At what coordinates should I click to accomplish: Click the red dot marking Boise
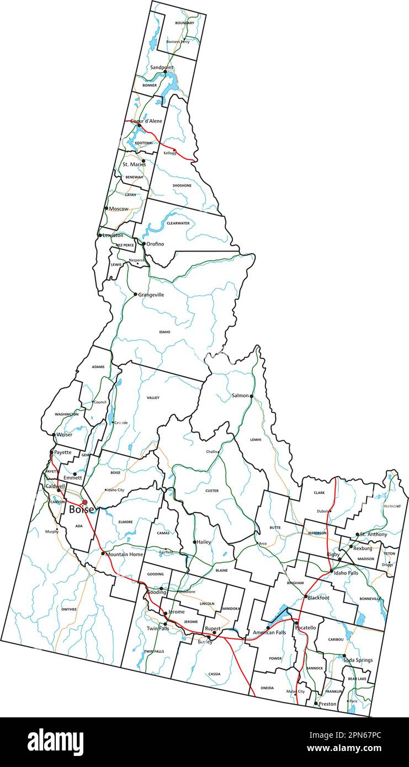(x=84, y=502)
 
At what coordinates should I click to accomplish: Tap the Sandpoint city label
(x=162, y=67)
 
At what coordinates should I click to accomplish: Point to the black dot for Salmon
(x=252, y=396)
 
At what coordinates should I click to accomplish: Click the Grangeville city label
(x=151, y=295)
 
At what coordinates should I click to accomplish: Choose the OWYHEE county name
(x=69, y=609)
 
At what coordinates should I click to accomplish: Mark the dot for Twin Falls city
(x=165, y=624)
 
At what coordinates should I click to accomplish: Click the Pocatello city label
(x=305, y=628)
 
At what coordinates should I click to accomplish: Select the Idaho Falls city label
(x=346, y=573)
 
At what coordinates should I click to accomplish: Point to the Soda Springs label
(x=358, y=660)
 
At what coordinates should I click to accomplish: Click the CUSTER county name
(x=212, y=491)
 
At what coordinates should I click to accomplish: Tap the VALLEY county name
(x=153, y=398)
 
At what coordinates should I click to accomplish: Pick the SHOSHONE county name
(x=182, y=185)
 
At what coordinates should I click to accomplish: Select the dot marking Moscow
(x=107, y=208)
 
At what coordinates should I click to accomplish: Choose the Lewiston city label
(x=113, y=236)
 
